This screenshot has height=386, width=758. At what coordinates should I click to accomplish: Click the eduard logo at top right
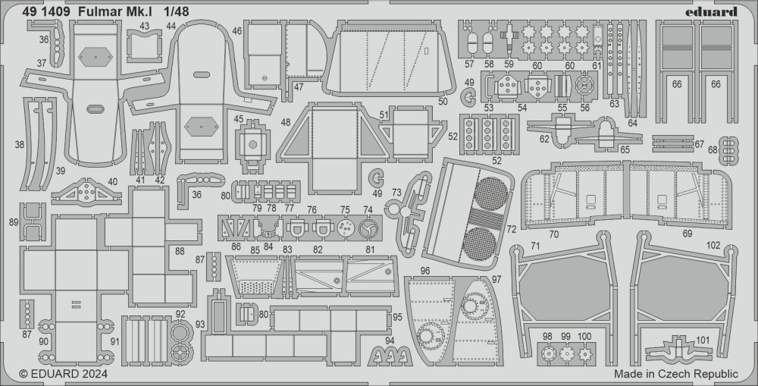[712, 11]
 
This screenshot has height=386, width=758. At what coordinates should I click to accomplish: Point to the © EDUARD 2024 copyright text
[64, 374]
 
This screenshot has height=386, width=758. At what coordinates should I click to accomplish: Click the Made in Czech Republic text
[676, 374]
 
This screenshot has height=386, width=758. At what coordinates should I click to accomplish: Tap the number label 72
[512, 229]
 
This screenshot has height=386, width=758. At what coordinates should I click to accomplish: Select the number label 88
[180, 251]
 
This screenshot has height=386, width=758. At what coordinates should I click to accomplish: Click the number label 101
[702, 340]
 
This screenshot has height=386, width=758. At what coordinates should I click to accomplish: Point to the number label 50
[443, 101]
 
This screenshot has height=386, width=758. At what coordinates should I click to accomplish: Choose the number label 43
[144, 26]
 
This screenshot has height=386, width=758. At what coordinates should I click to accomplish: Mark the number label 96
[424, 271]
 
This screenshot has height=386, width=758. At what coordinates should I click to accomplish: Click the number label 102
[713, 245]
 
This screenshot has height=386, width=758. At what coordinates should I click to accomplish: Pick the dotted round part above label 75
[345, 228]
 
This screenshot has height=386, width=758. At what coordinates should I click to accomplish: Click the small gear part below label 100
[585, 353]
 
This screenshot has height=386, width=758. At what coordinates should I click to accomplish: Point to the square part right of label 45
[252, 143]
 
